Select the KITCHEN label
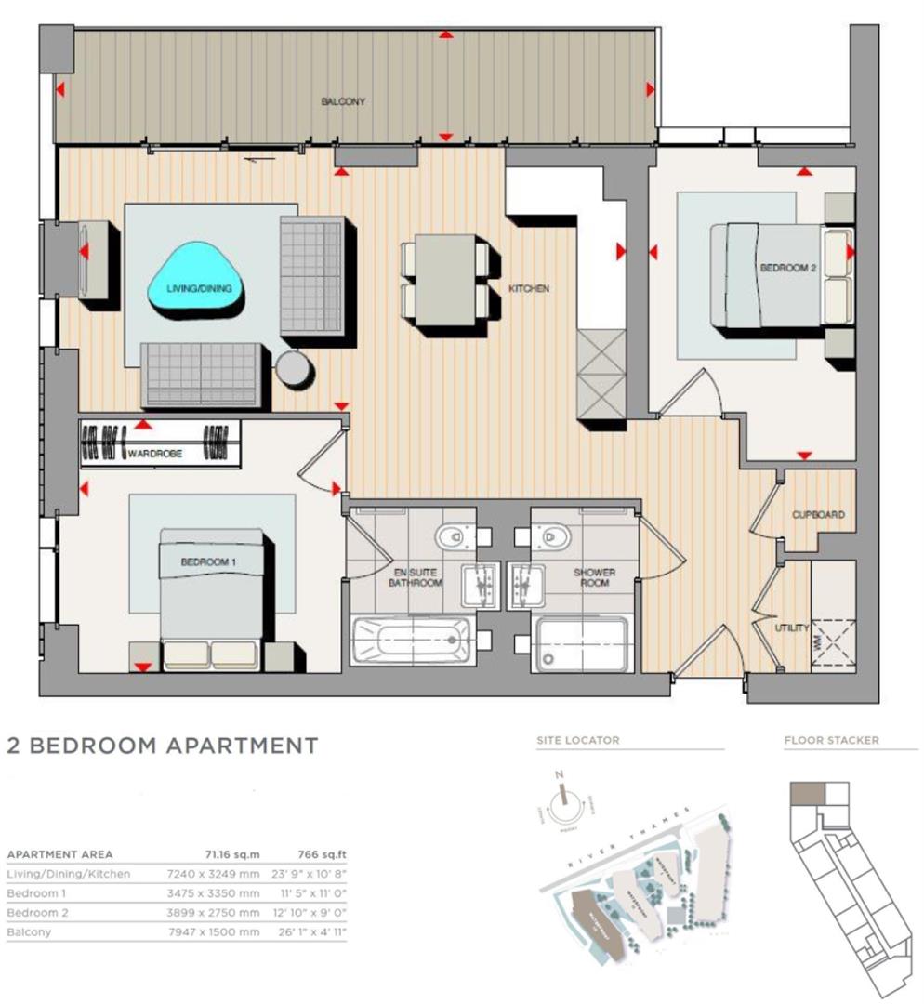point(528,289)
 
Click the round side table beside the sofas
point(295,369)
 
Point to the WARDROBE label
point(155,454)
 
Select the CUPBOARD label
point(818,514)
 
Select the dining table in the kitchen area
point(444,279)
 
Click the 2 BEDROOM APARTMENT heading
point(163,746)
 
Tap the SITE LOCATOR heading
point(577,741)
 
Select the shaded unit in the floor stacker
point(806,793)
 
